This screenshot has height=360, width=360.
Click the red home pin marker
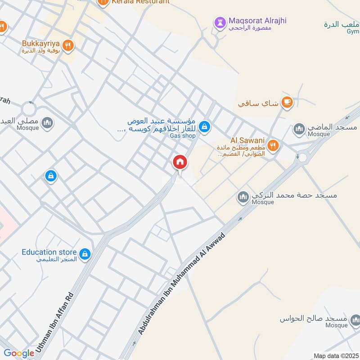(180, 162)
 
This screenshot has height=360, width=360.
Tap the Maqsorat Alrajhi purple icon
(220, 22)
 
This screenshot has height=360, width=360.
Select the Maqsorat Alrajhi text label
(257, 21)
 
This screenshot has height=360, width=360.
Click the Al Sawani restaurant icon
(272, 145)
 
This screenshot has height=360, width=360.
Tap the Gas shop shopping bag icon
(205, 127)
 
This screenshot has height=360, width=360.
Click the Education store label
(49, 252)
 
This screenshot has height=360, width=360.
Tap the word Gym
(352, 31)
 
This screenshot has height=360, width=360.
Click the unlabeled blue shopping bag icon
(51, 175)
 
